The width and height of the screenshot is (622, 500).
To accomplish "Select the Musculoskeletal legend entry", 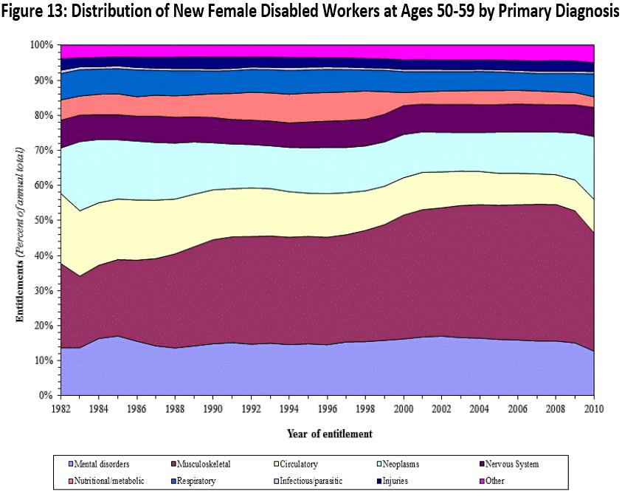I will pyautogui.click(x=204, y=465).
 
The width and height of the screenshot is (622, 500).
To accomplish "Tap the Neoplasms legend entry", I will pyautogui.click(x=395, y=465).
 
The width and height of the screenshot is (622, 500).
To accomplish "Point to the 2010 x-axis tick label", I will pyautogui.click(x=594, y=408).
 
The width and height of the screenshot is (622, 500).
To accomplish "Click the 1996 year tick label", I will pyautogui.click(x=327, y=408).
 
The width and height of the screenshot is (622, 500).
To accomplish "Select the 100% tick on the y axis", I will pyautogui.click(x=41, y=45).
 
